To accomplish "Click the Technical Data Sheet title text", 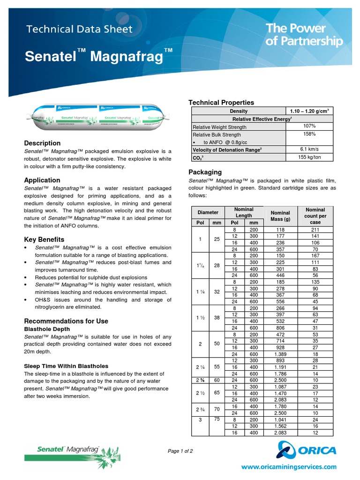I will pos(79,29).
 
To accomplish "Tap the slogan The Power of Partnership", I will pos(304,35).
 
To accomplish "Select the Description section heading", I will pos(42,143).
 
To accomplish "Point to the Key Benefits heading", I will pos(44,240).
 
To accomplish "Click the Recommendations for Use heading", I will pos(66,321).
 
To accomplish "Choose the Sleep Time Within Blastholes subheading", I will pos(66,366).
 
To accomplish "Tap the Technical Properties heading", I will pos(221,102).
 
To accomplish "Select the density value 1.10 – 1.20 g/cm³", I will pos(309,111).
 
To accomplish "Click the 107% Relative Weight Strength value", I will pos(309,126).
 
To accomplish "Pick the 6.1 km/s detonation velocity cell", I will pos(309,149).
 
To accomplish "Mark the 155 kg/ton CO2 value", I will pos(309,157).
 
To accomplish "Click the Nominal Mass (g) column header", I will pos(280,216).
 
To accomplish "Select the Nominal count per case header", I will pos(315,216).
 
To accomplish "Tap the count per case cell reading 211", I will pos(315,230).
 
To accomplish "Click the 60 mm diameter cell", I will pos(217,380).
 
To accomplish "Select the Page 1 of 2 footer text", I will pos(180,451).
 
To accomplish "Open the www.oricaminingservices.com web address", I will pos(289,466).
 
